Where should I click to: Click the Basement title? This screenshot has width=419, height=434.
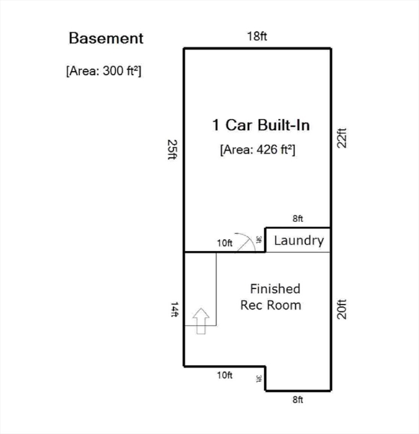click(106, 38)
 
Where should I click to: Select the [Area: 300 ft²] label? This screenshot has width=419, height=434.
click(104, 71)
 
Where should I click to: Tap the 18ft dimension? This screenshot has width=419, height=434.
click(256, 37)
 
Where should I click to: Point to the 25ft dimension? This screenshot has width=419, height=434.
click(172, 150)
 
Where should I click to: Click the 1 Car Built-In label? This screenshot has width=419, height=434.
click(261, 125)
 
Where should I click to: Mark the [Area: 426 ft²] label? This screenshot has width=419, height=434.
click(258, 150)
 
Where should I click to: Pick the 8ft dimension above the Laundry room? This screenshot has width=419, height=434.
click(298, 218)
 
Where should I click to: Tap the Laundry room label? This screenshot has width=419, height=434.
click(298, 240)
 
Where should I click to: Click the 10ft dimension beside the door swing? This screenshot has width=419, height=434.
click(225, 243)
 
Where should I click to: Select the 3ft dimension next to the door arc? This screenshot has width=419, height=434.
click(259, 240)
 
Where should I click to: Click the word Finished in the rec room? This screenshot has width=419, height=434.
click(275, 289)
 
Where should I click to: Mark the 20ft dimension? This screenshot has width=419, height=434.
click(341, 309)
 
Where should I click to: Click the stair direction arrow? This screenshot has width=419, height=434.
click(201, 321)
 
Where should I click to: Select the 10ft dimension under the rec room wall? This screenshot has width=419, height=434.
click(225, 375)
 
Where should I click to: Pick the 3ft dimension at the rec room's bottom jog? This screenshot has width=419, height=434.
click(259, 379)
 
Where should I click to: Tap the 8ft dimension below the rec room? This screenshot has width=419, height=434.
click(298, 400)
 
